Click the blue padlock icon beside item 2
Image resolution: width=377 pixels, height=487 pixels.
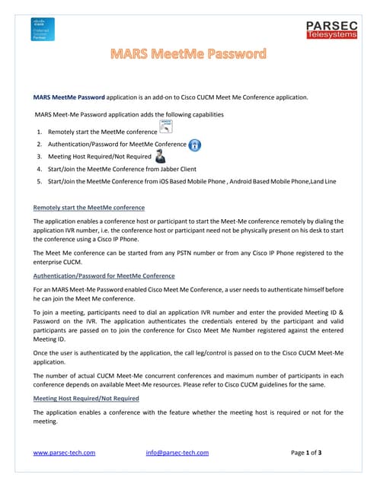(195, 145)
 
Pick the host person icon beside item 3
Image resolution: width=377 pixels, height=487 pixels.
(161, 157)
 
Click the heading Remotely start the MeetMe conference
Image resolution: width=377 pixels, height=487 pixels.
(89, 207)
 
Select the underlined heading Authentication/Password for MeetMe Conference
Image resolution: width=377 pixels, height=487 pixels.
(104, 275)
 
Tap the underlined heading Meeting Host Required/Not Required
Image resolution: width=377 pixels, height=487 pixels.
(86, 398)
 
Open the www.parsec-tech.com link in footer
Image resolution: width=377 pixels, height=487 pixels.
(65, 453)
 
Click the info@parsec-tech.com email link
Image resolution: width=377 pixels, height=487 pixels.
(177, 453)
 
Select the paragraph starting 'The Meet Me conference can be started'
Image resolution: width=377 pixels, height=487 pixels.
(188, 257)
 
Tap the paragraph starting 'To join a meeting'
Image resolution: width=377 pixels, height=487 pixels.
(188, 327)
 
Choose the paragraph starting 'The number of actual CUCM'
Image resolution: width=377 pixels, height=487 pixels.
(188, 380)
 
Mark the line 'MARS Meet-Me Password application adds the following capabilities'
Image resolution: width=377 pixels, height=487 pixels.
(129, 114)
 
